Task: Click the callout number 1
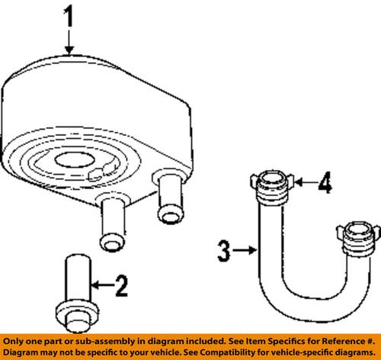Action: coord(69,18)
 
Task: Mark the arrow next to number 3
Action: coord(245,248)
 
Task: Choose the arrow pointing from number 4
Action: coord(303,183)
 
